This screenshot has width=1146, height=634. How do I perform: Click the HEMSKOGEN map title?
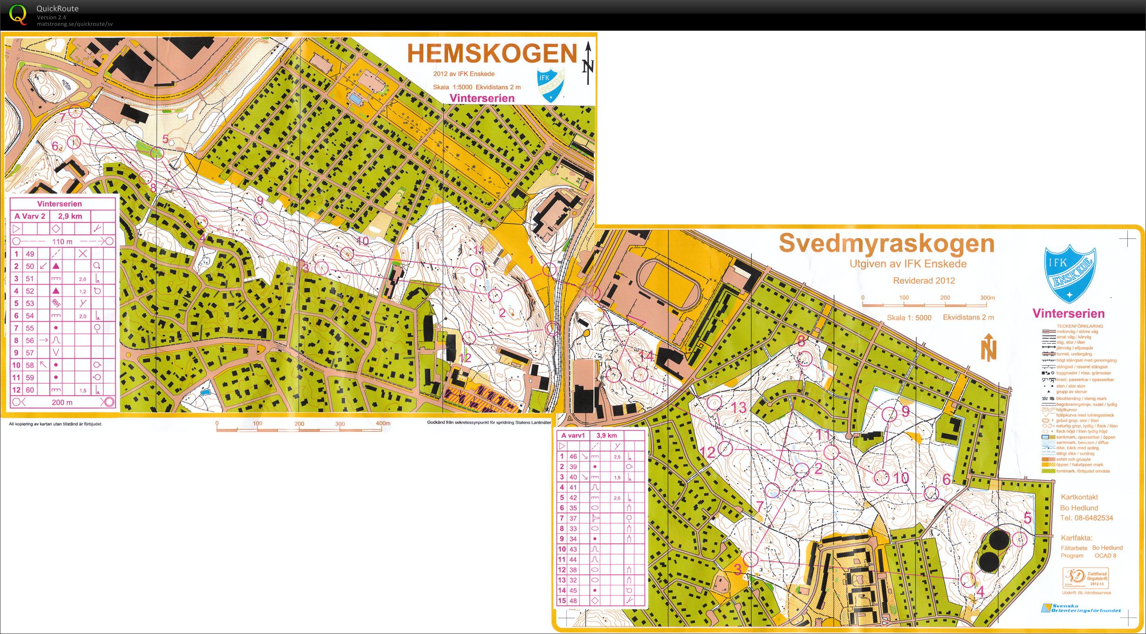[x=492, y=53]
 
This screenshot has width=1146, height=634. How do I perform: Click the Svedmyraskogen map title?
[x=886, y=243]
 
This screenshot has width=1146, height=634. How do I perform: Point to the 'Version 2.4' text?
[x=51, y=17]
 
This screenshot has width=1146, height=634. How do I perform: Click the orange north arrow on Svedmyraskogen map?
[x=988, y=348]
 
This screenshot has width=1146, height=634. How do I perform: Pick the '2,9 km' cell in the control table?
[x=70, y=216]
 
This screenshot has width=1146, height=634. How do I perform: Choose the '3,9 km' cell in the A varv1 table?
[x=606, y=435]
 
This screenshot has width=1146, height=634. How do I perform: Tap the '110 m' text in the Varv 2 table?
[x=62, y=241]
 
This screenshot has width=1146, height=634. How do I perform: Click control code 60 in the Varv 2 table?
[x=30, y=390]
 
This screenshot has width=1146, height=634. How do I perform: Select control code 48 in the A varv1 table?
[x=573, y=601]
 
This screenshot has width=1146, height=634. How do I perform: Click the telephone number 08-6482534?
[x=1086, y=518]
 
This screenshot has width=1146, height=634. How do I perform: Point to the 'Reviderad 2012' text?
[x=924, y=281]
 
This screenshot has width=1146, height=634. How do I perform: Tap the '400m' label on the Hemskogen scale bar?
[x=383, y=423]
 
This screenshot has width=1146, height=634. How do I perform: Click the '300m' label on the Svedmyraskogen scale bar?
[x=987, y=298]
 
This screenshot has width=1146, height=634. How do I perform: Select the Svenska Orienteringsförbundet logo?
[x=1081, y=608]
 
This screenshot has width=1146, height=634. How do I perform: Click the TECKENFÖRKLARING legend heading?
[x=1080, y=326]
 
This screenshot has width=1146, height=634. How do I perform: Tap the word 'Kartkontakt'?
[x=1079, y=497]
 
